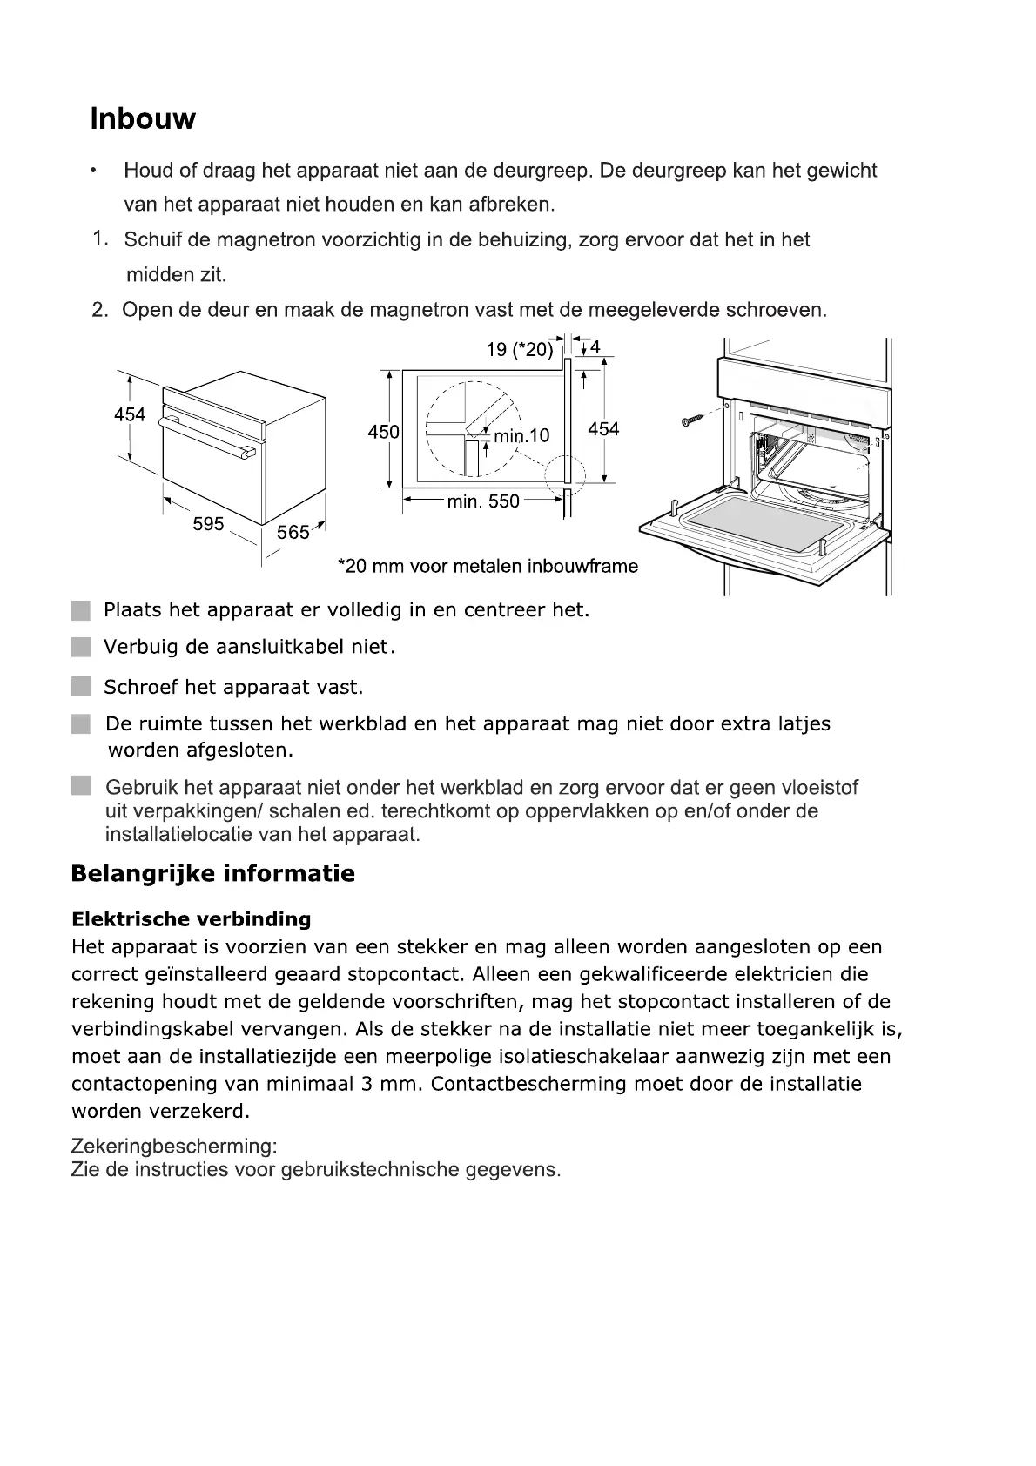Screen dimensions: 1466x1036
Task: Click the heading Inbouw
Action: point(143,118)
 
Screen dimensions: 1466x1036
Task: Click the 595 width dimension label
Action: point(208,523)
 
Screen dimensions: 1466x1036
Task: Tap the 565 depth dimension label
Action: point(293,532)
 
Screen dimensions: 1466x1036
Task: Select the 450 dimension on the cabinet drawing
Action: point(383,431)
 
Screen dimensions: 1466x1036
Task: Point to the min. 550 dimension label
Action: point(482,501)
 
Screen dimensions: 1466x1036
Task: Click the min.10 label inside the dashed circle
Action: point(521,435)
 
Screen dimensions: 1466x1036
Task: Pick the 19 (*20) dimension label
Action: point(520,349)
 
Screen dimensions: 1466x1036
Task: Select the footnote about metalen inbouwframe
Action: point(488,567)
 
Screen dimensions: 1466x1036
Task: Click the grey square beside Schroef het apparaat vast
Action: point(81,687)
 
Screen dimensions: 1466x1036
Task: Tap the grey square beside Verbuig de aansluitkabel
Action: point(81,648)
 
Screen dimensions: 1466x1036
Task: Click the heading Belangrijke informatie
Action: point(213,873)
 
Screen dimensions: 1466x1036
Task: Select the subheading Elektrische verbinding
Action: point(191,919)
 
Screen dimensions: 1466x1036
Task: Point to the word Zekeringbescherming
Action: point(174,1147)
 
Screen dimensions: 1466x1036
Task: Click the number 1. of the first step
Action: point(101,238)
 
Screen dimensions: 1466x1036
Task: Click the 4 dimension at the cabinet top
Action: point(595,347)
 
